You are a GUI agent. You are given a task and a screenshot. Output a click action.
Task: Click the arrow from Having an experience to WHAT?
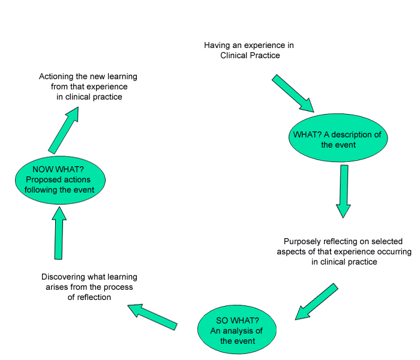click(x=293, y=93)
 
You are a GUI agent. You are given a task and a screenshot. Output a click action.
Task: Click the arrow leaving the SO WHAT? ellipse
click(x=152, y=317)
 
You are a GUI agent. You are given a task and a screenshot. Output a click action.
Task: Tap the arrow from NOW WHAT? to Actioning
click(x=64, y=130)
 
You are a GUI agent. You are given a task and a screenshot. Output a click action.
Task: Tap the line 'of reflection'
click(x=89, y=297)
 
